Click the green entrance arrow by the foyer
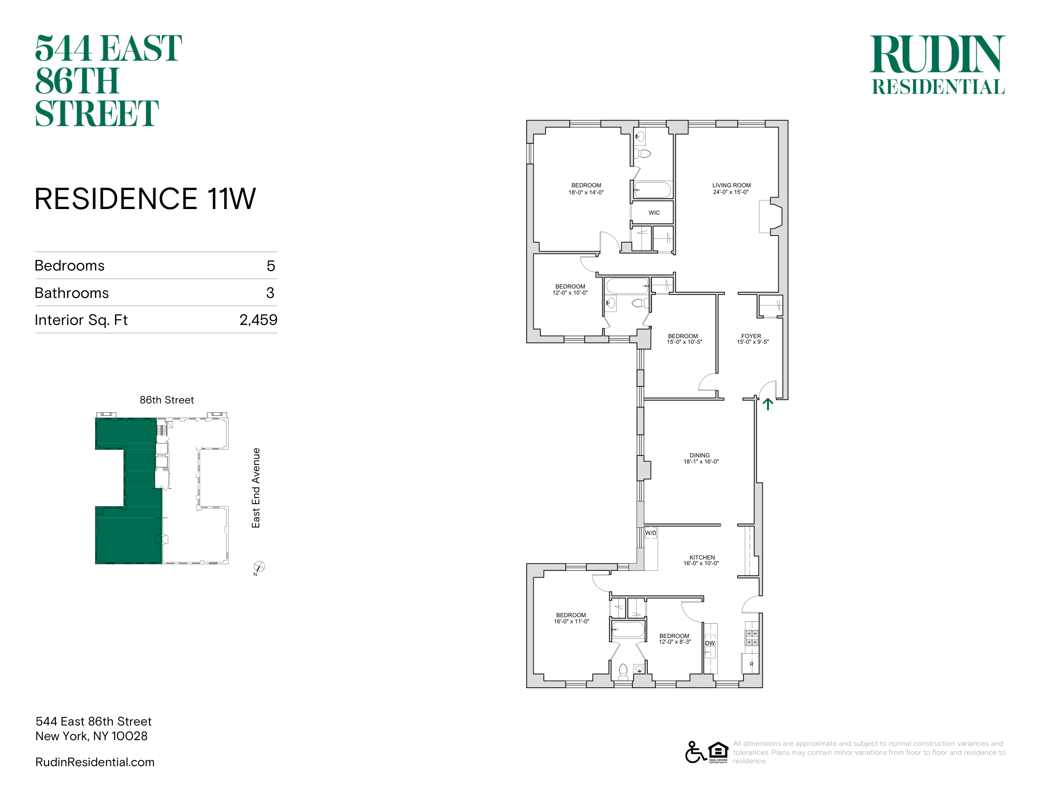point(768,404)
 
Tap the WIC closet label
point(654,213)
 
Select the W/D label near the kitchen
point(651,533)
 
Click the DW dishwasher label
point(710,643)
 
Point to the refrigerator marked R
point(751,664)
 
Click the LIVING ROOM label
point(731,185)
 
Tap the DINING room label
point(699,455)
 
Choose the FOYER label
point(751,336)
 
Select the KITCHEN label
point(702,557)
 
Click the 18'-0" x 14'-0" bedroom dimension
point(586,192)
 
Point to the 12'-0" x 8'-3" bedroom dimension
point(675,642)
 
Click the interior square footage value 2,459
point(258,320)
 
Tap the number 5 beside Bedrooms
point(271,266)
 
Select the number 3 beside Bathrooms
point(270,293)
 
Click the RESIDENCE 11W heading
point(145,199)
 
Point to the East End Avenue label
point(256,488)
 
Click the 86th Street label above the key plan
point(167,400)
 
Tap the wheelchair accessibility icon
point(696,752)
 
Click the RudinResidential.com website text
point(95,762)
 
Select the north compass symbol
point(259,567)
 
